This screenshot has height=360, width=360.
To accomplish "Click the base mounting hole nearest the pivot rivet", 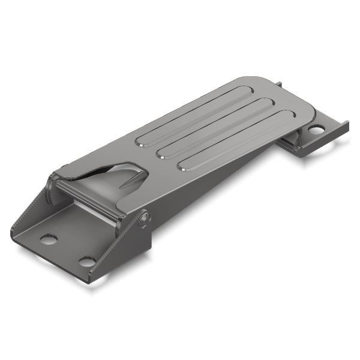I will pos(87,262).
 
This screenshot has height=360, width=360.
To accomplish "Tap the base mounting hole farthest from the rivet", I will pos(48,239).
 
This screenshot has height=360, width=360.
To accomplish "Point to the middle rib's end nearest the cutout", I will pos(161,155).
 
